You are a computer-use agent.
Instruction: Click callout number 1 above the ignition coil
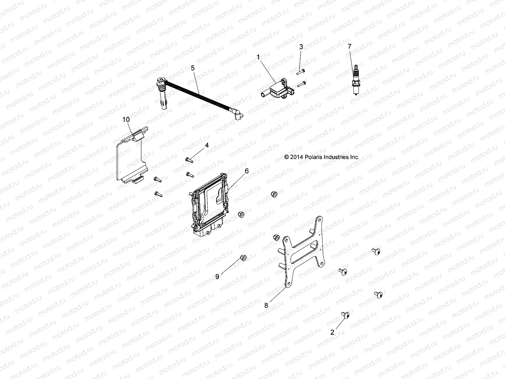point(267,57)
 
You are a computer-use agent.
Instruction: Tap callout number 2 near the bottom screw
point(332,332)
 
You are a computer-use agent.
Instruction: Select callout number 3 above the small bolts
point(301,47)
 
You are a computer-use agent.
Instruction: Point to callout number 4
point(207,145)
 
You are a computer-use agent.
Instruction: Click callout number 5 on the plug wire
point(193,68)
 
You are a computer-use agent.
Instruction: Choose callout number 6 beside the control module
point(247,171)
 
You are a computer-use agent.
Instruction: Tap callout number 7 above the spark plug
point(349,46)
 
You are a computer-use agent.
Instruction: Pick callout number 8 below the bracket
point(266,305)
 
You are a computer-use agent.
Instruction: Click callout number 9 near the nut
point(217,277)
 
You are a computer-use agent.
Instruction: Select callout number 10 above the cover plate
point(126,119)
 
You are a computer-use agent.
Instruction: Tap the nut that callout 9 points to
point(243,258)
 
